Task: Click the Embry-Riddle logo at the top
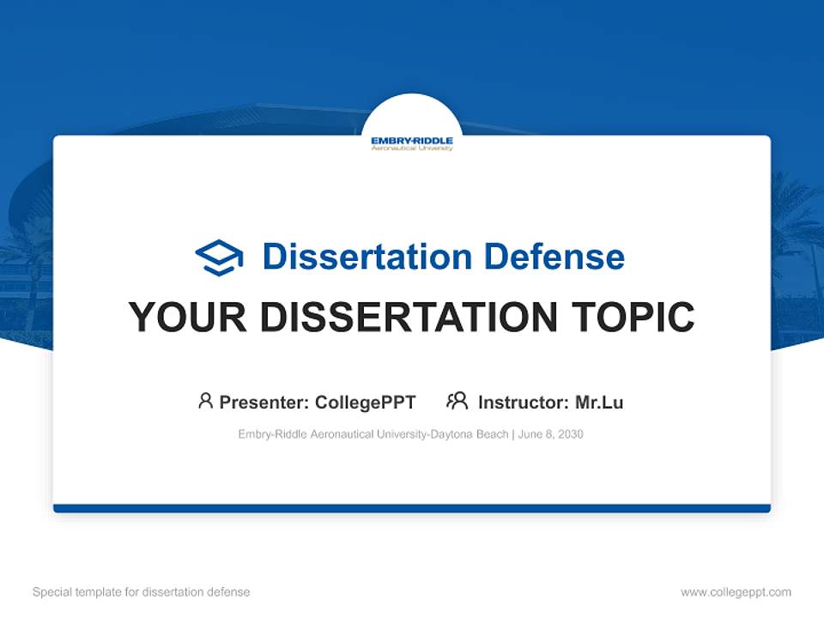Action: click(412, 142)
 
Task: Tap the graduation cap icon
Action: click(219, 257)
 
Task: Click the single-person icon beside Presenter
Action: click(205, 401)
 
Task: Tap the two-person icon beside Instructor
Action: click(457, 401)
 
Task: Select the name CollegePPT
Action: click(365, 402)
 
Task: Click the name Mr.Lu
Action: click(599, 402)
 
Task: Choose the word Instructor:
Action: click(523, 402)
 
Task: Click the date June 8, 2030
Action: click(550, 434)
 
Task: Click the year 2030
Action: click(570, 434)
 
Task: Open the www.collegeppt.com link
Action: click(736, 592)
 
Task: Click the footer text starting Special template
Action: click(142, 592)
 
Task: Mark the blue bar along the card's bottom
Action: click(412, 508)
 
